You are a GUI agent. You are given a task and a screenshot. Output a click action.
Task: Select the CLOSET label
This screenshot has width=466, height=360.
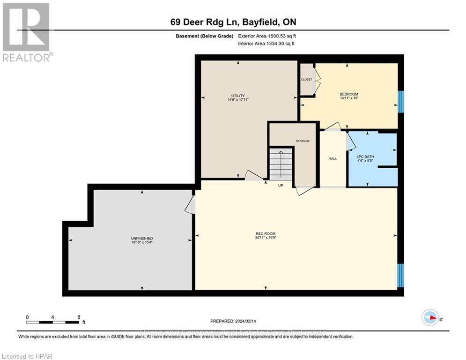[x=307, y=80]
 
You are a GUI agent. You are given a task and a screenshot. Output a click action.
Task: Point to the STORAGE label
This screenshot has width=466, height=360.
[x=303, y=141]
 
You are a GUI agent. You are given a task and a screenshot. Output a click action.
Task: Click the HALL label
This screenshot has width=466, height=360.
[x=333, y=159]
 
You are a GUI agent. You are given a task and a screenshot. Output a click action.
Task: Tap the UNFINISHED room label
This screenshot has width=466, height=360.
[x=142, y=239]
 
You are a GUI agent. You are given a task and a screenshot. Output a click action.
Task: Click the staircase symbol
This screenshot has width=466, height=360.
[x=281, y=164]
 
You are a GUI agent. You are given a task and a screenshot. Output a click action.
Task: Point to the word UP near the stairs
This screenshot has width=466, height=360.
[x=281, y=186]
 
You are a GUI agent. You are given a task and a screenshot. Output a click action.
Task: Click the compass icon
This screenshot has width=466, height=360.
[x=430, y=318]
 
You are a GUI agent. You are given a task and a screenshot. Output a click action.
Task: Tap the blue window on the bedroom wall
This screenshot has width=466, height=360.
[x=400, y=102]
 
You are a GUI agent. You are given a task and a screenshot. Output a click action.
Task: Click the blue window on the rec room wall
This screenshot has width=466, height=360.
[x=400, y=275]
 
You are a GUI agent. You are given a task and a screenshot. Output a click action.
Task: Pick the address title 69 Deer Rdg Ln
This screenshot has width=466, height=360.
[x=233, y=22]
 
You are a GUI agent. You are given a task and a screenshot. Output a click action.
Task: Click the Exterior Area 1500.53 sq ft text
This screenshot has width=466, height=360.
[x=267, y=36]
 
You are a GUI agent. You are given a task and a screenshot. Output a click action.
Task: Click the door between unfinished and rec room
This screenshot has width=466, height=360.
[x=191, y=205]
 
